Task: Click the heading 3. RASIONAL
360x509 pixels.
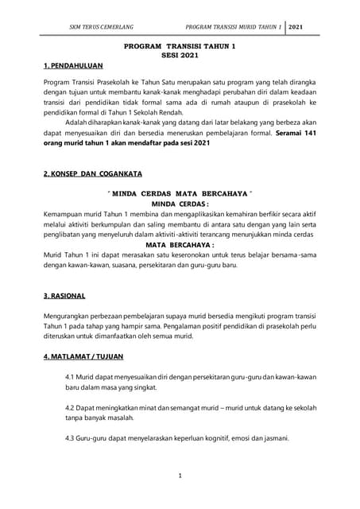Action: tap(64, 296)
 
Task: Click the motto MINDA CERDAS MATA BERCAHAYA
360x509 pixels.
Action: tap(179, 193)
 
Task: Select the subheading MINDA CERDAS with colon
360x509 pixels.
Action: tap(179, 204)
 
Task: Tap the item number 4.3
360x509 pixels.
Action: tap(72, 438)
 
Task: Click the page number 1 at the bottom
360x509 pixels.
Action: tap(180, 477)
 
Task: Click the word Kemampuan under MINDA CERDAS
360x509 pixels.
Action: tap(68, 215)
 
